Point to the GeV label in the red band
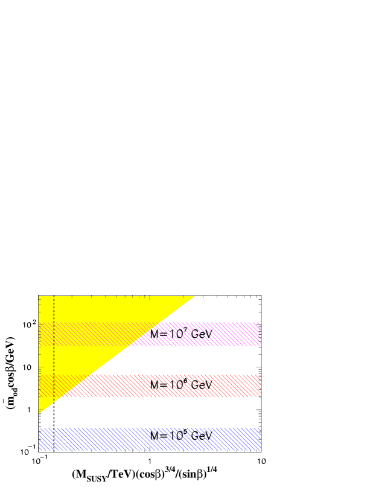(199, 385)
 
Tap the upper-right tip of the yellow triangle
(194, 297)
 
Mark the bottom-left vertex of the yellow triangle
(39, 413)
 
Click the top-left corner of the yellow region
(39, 297)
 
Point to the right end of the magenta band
(260, 334)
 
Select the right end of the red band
(260, 385)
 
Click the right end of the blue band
(260, 439)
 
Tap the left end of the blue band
(39, 439)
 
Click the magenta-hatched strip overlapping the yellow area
(91, 334)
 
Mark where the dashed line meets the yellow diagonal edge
(54, 402)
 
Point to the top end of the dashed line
(54, 297)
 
